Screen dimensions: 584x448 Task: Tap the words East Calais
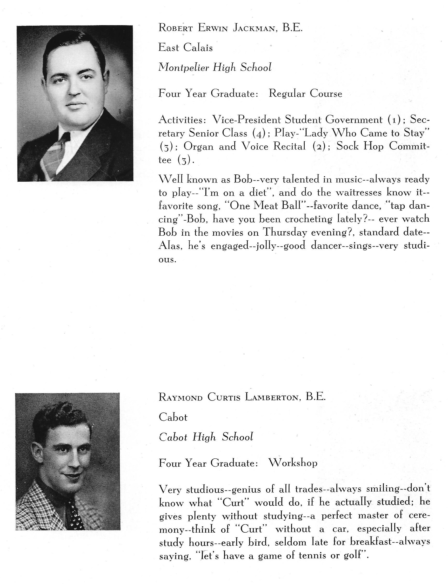tap(185, 48)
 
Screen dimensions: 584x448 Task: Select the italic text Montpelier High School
tap(215, 67)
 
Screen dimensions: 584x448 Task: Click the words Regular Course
tap(305, 93)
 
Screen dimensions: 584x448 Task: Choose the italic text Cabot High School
tap(206, 437)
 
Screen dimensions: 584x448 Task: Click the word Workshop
tap(293, 463)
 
